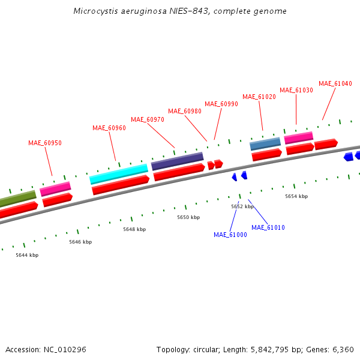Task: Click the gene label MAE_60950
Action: point(45,143)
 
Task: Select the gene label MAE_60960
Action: point(109,128)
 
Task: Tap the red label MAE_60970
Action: point(148,119)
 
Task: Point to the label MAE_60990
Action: point(221,104)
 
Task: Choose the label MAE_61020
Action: point(259,97)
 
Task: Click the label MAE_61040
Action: point(335,83)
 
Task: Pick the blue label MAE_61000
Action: point(230,235)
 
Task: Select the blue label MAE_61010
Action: point(268,227)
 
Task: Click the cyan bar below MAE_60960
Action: point(119,174)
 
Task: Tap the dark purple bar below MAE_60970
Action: point(177,161)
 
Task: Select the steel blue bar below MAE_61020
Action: point(265,143)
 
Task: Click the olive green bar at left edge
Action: point(17,199)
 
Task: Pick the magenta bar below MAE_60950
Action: point(55,189)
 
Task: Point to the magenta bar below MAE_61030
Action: point(298,137)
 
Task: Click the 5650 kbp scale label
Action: point(188,217)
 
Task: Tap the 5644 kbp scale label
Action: point(27,255)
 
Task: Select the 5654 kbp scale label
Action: point(296,196)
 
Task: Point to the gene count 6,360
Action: point(343,349)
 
